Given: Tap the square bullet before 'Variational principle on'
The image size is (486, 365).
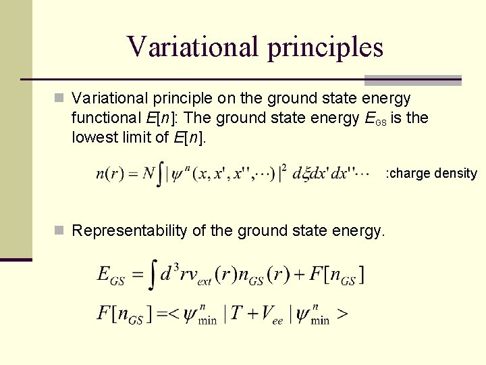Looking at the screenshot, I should point(60,99).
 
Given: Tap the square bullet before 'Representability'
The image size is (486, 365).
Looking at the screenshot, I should point(60,231).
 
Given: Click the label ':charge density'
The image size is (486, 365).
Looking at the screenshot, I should point(431,173).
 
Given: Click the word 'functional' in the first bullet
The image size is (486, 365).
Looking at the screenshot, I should point(106,118).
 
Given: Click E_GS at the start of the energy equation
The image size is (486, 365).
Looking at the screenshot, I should point(112,275).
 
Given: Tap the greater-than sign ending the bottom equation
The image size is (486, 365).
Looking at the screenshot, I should point(343,315).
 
